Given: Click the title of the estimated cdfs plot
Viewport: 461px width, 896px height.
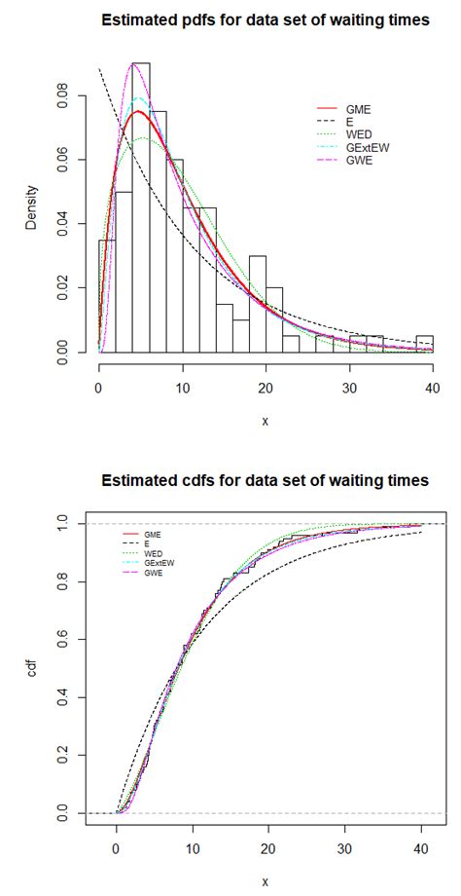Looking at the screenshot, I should tap(266, 480).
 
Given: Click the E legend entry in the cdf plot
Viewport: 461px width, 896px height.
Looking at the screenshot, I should tap(147, 543).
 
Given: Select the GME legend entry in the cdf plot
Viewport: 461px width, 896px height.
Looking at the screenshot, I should tap(153, 534).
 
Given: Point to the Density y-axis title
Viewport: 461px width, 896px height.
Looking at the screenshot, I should tap(31, 207).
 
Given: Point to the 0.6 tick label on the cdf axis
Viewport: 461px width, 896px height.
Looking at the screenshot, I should tap(65, 640).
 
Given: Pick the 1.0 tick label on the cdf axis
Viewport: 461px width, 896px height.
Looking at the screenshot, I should tap(65, 524).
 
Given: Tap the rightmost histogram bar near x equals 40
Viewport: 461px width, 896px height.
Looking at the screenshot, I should tap(424, 343).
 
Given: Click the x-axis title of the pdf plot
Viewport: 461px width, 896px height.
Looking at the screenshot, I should tap(266, 421).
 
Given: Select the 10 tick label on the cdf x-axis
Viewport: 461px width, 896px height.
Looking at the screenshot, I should tap(194, 847).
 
